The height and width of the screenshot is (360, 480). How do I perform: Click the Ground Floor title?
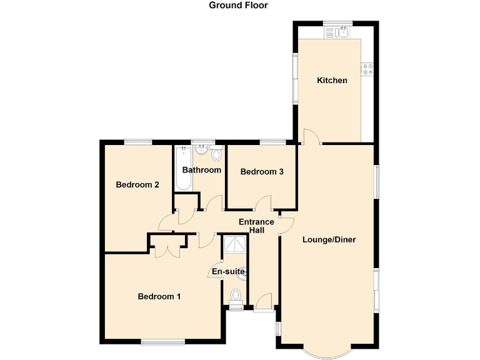238,6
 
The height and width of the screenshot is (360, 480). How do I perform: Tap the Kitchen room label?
332,81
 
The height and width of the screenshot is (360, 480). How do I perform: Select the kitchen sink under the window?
338,32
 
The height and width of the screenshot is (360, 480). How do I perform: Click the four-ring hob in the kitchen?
367,68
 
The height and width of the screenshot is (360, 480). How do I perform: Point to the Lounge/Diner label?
329,239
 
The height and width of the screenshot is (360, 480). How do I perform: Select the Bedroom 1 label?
159,297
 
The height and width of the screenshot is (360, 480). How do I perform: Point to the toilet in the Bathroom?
217,154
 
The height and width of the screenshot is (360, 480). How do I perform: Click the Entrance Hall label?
256,226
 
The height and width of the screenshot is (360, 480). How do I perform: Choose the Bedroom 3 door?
265,203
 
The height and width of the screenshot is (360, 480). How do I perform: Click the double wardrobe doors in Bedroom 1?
166,249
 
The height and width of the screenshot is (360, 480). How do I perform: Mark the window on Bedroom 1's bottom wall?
162,341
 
